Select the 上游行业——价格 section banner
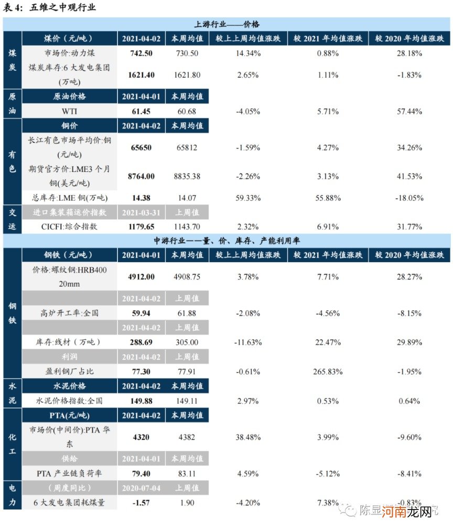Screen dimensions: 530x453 tap(227, 24)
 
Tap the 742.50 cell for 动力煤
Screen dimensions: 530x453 tap(141, 53)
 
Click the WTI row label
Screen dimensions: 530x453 tap(69, 111)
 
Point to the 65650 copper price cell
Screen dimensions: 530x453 tap(141, 147)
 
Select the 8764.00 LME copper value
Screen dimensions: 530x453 tap(141, 176)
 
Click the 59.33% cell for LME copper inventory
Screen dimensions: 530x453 tap(248, 198)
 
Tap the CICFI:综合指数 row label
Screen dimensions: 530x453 tap(69, 226)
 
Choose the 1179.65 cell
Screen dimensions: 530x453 tap(141, 226)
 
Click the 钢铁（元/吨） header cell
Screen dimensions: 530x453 tap(69, 255)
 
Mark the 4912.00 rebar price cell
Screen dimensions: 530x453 tap(141, 276)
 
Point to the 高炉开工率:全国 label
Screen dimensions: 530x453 tap(69, 313)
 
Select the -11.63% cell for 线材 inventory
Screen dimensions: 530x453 tap(248, 342)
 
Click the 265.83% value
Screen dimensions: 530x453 tap(328, 371)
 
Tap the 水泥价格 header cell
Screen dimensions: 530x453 tap(69, 386)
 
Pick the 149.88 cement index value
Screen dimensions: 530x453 tap(141, 401)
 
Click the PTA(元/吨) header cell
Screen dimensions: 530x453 tap(69, 415)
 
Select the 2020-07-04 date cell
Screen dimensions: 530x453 tap(141, 488)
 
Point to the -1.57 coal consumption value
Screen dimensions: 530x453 tap(141, 502)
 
